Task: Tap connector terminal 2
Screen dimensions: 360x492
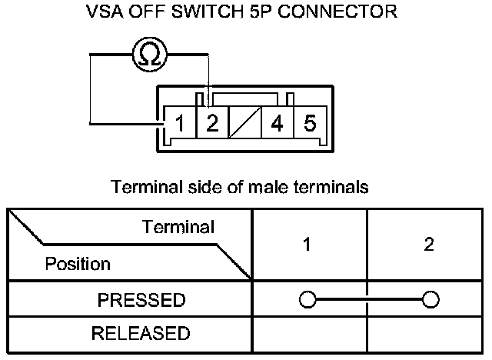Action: tap(213, 123)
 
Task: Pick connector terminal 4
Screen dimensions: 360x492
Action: tap(277, 123)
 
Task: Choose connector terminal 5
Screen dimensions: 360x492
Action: tap(310, 123)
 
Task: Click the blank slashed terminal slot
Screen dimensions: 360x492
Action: tap(245, 123)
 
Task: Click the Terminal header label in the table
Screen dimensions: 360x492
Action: tap(178, 227)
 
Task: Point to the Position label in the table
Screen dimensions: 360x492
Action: tap(78, 264)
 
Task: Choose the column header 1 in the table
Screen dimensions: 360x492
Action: tap(307, 245)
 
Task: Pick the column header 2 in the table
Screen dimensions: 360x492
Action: tap(429, 245)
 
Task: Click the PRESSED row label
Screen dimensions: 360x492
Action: tap(141, 299)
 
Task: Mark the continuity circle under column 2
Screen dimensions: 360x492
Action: tap(430, 299)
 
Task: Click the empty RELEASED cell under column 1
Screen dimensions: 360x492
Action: tap(309, 334)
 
